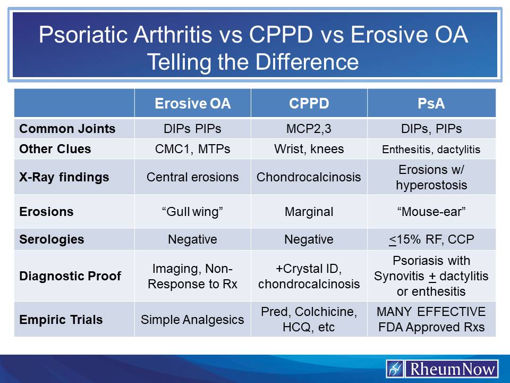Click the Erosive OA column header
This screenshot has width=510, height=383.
192,103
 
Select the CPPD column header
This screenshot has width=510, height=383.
309,103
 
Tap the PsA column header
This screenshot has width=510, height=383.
431,103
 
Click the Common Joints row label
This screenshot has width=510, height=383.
67,129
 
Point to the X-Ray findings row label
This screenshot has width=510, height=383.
64,177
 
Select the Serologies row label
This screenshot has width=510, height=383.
52,239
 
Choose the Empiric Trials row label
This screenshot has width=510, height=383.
61,320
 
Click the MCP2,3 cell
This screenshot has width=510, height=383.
309,129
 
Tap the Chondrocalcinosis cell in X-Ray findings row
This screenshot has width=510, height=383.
309,177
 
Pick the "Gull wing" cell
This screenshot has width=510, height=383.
192,212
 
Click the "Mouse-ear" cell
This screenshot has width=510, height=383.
431,212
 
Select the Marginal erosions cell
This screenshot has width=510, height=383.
309,212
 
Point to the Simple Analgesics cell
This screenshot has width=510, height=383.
192,320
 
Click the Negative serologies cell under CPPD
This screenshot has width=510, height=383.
309,239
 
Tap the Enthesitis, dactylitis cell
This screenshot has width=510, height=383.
431,149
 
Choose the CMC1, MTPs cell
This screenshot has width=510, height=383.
192,149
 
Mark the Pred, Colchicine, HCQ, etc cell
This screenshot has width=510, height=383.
309,319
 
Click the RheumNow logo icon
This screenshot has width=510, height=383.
395,369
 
